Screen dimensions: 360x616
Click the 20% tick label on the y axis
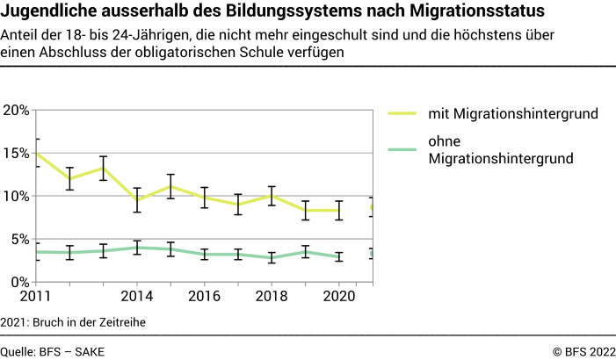(x=17, y=110)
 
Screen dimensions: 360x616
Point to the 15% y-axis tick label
(x=17, y=153)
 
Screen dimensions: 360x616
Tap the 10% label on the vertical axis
(x=17, y=196)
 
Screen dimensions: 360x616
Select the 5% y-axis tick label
(x=20, y=239)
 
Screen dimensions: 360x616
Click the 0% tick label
(x=20, y=282)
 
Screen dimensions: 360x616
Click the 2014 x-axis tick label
(x=137, y=297)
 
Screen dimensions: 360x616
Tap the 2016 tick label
(x=204, y=297)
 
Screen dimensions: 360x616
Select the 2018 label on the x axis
(x=272, y=297)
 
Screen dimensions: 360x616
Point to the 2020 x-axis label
(x=339, y=297)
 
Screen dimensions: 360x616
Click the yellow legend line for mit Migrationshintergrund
(x=402, y=113)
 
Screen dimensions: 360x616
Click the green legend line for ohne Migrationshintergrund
(x=402, y=149)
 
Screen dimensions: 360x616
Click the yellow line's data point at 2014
(x=137, y=200)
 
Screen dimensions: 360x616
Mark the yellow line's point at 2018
(x=272, y=196)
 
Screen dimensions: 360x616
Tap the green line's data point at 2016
(x=204, y=254)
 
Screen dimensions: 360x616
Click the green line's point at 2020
(x=339, y=256)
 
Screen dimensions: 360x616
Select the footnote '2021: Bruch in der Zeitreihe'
(x=73, y=322)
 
